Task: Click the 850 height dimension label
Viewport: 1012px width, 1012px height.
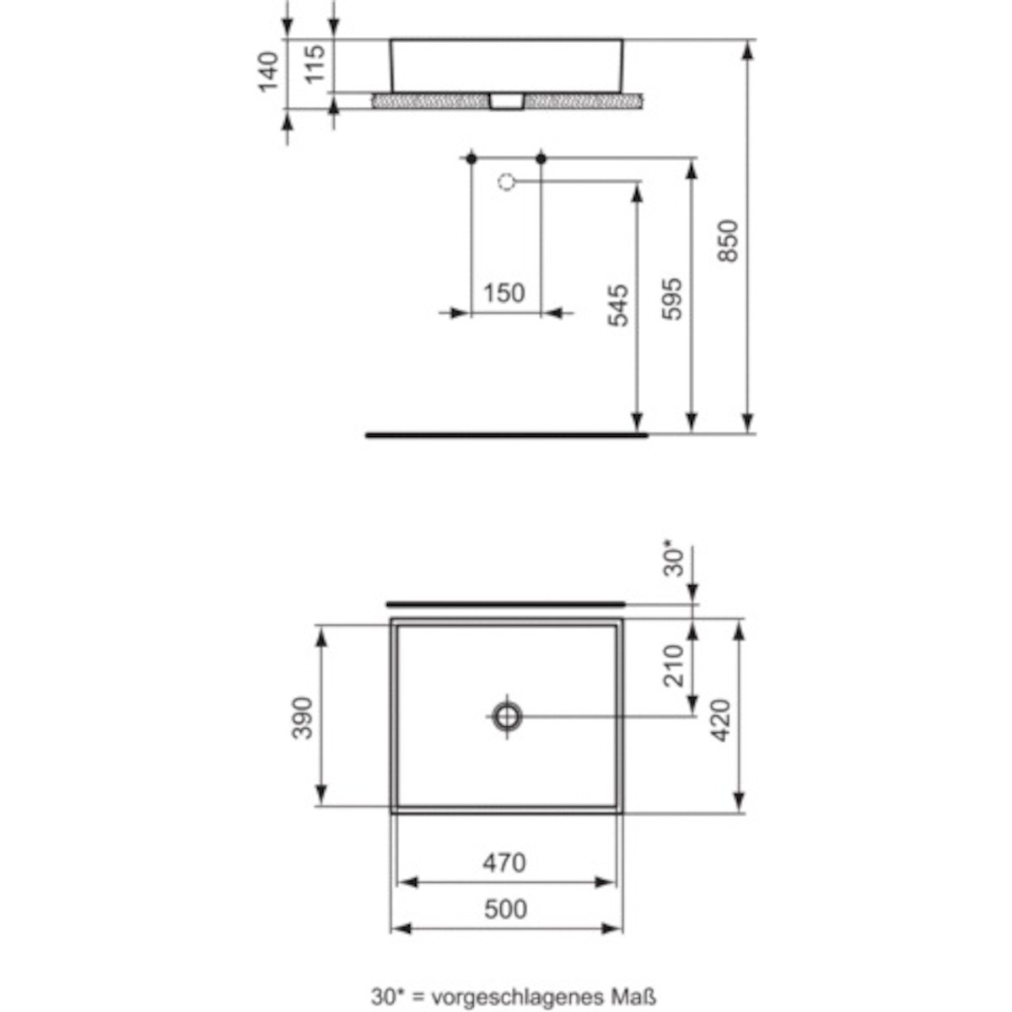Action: coord(729,240)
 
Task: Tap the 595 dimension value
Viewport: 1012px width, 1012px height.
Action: coord(672,299)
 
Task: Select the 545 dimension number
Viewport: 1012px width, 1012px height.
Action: coord(617,305)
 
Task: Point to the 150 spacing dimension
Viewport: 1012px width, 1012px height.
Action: coord(503,293)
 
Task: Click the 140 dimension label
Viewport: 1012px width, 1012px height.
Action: coord(268,72)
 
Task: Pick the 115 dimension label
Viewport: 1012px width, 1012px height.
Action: coord(315,64)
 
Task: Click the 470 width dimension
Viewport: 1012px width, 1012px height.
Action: coord(504,863)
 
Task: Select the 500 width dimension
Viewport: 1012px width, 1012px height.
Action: coord(505,909)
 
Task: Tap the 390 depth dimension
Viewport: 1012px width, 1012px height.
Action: coord(302,718)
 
